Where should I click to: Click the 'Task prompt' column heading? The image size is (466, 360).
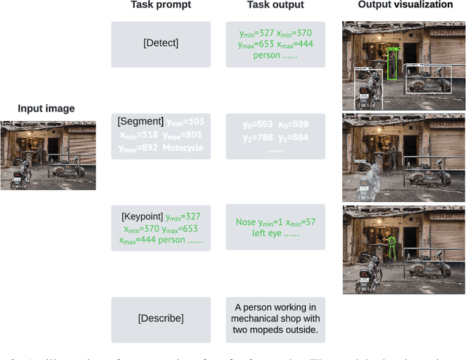point(161,6)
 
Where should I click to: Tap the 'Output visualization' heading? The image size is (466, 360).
point(405,5)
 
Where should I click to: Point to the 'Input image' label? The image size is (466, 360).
point(46,109)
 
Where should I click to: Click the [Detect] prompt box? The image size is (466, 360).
point(161,44)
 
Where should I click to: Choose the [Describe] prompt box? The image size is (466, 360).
point(161,318)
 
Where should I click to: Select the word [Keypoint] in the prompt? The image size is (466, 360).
point(143,216)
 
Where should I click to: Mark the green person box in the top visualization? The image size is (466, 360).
point(392,64)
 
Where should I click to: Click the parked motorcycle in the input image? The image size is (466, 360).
point(21,172)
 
